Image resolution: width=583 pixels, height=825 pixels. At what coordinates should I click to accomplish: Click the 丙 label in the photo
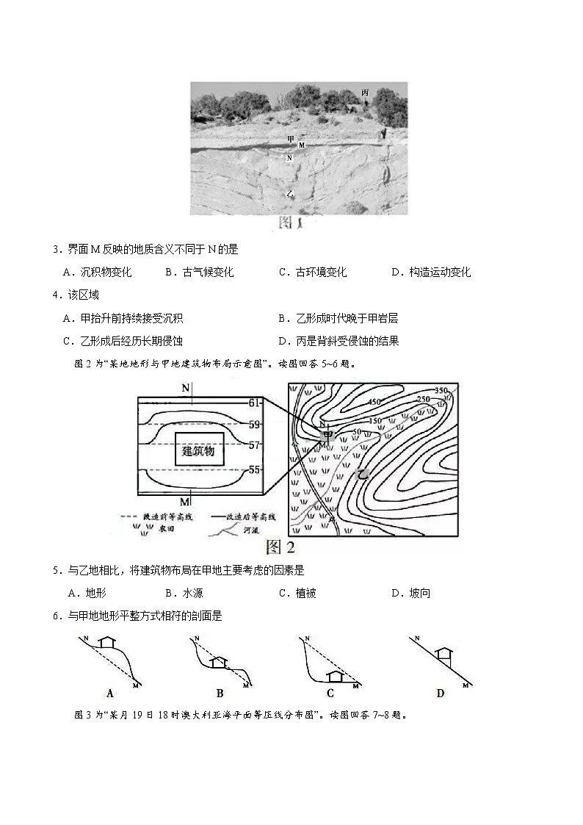365,93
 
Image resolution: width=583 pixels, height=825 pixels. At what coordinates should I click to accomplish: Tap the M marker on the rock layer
301,145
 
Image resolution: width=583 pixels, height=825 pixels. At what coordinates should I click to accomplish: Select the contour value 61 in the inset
255,403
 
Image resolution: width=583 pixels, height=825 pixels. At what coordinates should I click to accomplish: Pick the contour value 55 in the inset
255,469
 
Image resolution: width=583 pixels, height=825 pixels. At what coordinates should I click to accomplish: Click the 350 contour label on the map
441,390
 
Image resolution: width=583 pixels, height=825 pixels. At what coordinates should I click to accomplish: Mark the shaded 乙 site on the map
361,475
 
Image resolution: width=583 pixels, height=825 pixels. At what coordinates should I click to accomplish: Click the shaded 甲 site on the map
327,436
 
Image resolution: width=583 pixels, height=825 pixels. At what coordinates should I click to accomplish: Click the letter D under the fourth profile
439,693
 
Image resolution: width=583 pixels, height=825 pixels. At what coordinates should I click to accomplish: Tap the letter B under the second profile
220,693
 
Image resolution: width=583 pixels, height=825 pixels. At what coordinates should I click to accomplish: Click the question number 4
57,295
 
